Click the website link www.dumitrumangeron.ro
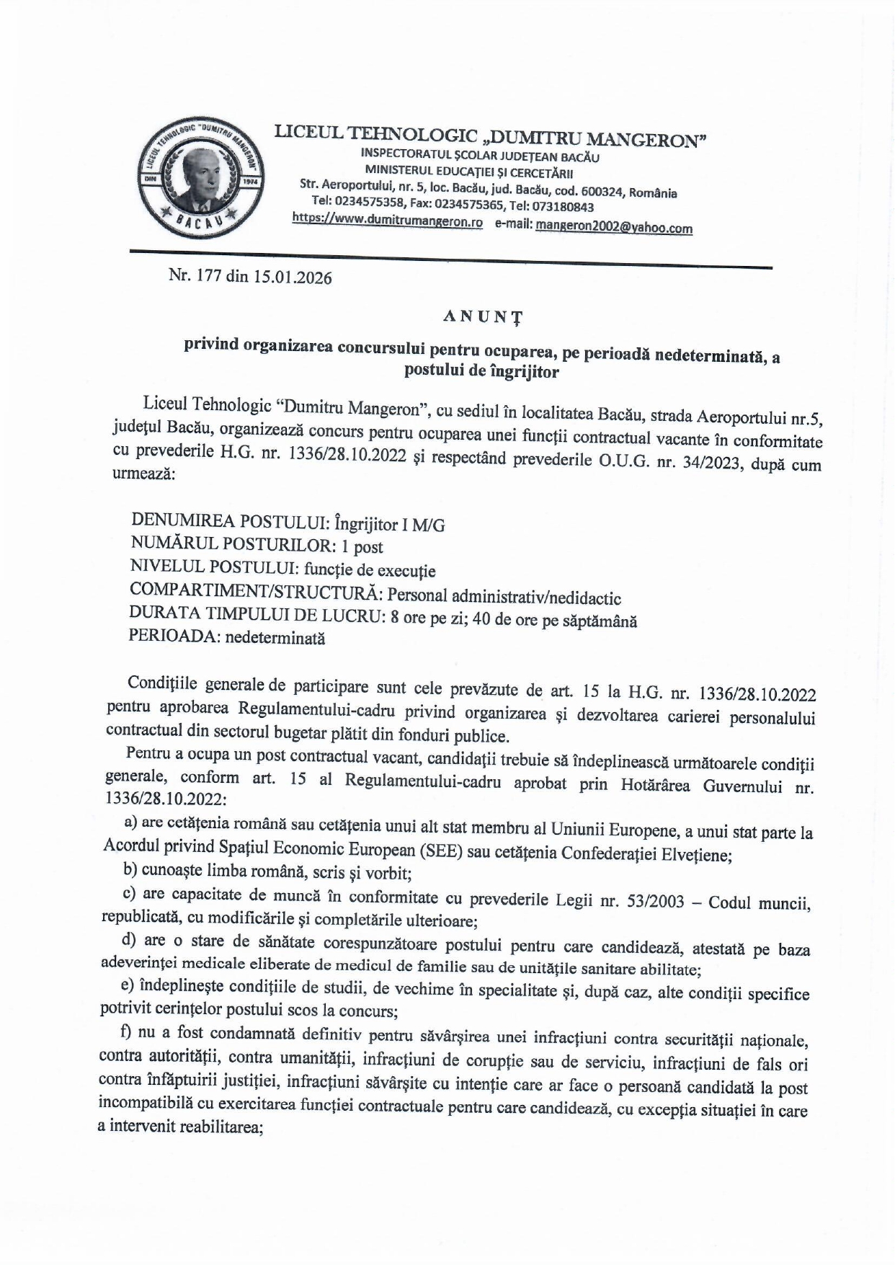pos(387,222)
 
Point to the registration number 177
pos(208,275)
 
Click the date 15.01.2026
pos(292,278)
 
